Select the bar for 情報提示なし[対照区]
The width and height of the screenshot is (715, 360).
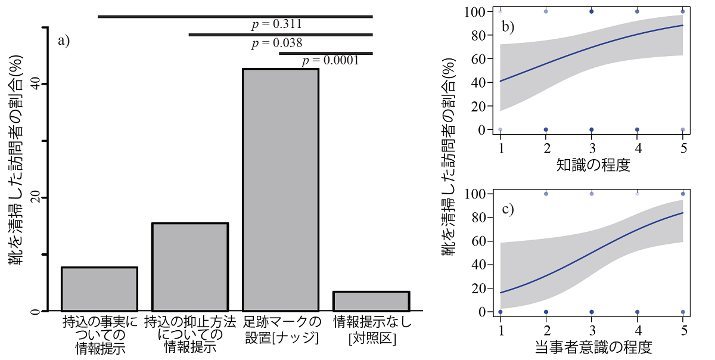pos(371,301)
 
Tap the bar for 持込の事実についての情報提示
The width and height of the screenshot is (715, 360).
pos(100,289)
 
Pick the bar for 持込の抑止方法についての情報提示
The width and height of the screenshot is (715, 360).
pos(190,267)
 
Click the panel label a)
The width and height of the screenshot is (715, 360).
pos(64,41)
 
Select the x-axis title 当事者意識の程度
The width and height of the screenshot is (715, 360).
pos(592,347)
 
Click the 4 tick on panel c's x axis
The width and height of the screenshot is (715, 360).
pos(638,330)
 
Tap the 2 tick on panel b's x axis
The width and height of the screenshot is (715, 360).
pos(546,147)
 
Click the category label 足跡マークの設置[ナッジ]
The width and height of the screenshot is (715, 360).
pos(281,330)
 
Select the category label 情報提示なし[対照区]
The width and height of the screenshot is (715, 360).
pos(372,330)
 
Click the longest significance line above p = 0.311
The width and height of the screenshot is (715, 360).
pos(235,16)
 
